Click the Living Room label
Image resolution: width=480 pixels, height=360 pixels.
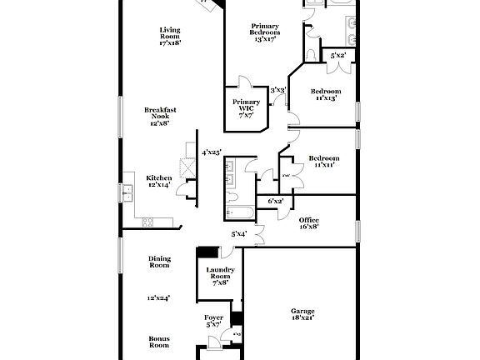[170, 33]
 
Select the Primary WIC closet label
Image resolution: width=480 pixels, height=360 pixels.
[247, 105]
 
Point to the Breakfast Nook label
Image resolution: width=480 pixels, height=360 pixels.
[159, 112]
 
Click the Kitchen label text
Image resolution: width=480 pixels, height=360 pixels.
[159, 177]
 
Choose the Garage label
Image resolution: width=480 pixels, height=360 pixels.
[302, 311]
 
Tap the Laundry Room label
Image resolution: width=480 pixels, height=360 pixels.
[220, 272]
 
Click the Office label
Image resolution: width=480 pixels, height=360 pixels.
[308, 220]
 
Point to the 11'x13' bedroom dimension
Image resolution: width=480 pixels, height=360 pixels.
[325, 98]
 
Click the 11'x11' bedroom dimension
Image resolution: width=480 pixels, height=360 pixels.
[323, 165]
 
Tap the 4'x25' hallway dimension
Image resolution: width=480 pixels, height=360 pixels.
[212, 152]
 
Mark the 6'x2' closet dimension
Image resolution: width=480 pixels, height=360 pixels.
[276, 202]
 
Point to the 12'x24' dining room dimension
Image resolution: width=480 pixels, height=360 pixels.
[159, 297]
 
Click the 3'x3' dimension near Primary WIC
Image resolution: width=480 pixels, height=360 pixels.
[278, 90]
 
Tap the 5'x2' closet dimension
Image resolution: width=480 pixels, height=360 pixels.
[337, 56]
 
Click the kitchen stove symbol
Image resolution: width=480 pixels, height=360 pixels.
[147, 222]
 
